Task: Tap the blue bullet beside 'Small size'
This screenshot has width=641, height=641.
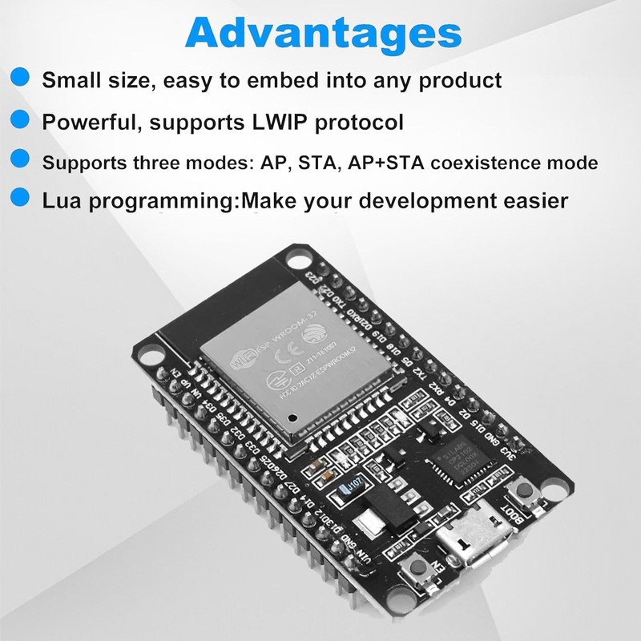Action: click(22, 78)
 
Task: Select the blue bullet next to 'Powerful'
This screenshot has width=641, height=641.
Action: click(22, 120)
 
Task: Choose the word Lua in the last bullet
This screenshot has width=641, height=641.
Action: click(63, 200)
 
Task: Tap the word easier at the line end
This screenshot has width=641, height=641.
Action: click(530, 200)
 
